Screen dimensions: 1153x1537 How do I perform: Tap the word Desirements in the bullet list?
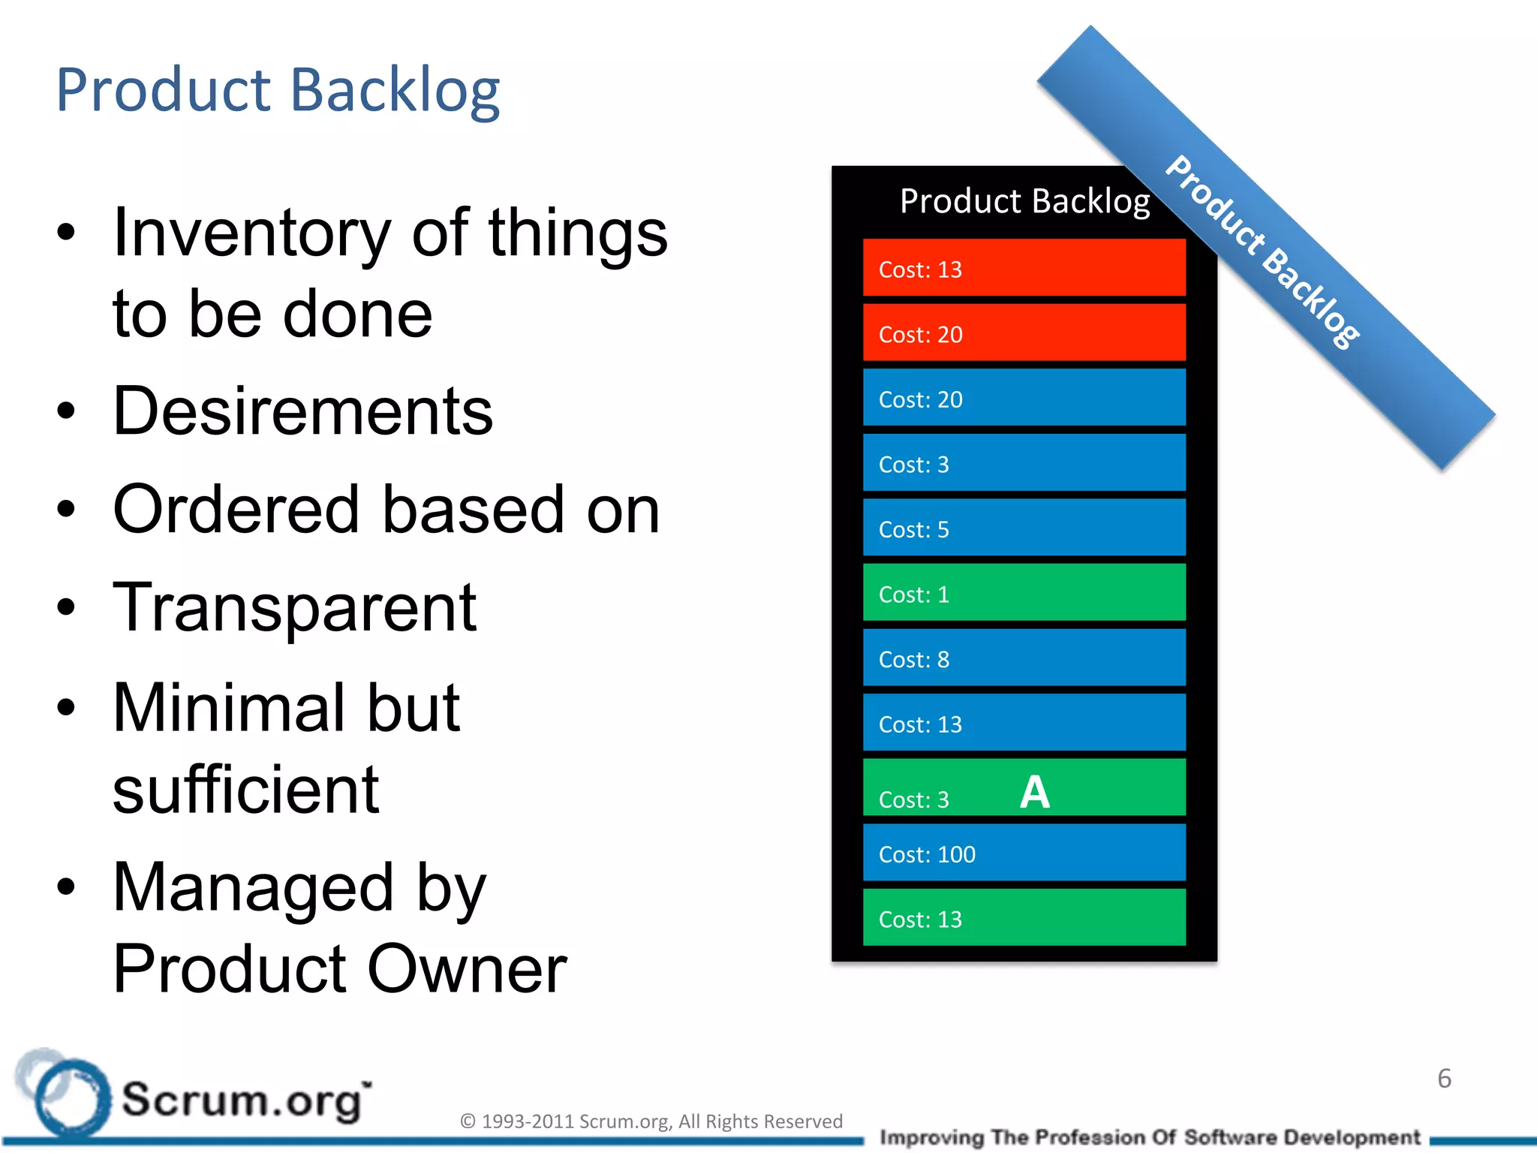pyautogui.click(x=302, y=411)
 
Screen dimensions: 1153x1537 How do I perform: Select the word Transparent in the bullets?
pyautogui.click(x=294, y=608)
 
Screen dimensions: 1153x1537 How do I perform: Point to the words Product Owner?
pyautogui.click(x=339, y=969)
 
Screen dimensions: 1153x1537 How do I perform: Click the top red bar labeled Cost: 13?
pyautogui.click(x=1024, y=268)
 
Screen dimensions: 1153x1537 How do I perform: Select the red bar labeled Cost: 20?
pyautogui.click(x=1024, y=333)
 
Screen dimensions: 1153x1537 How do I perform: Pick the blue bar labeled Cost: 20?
pyautogui.click(x=1024, y=398)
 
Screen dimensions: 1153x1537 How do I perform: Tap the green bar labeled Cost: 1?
pyautogui.click(x=1024, y=593)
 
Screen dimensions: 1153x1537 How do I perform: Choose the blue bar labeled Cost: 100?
pyautogui.click(x=1024, y=853)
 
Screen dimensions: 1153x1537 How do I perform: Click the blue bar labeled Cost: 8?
pyautogui.click(x=1024, y=658)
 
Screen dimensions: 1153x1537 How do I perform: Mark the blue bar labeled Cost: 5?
pyautogui.click(x=1024, y=528)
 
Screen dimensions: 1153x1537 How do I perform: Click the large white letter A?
pyautogui.click(x=1035, y=793)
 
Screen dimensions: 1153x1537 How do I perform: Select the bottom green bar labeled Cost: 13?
pyautogui.click(x=1024, y=918)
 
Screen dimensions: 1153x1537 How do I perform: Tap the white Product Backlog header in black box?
pyautogui.click(x=1024, y=201)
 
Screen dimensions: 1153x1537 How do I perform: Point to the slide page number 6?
pyautogui.click(x=1444, y=1079)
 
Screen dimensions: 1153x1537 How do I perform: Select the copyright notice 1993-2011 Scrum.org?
pyautogui.click(x=651, y=1121)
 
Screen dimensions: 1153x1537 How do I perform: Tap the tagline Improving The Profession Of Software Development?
pyautogui.click(x=1150, y=1137)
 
